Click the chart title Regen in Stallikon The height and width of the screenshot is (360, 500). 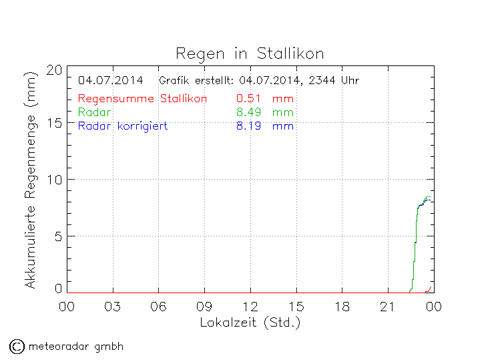pyautogui.click(x=250, y=53)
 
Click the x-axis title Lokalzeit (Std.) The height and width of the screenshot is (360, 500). pyautogui.click(x=250, y=323)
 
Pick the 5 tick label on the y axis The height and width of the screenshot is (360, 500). pyautogui.click(x=58, y=235)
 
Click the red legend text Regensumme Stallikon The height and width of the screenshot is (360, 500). pyautogui.click(x=142, y=99)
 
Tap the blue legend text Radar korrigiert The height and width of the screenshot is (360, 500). pyautogui.click(x=123, y=126)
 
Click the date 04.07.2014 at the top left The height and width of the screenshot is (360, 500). pyautogui.click(x=110, y=81)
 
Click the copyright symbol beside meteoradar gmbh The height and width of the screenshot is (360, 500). pyautogui.click(x=17, y=346)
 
